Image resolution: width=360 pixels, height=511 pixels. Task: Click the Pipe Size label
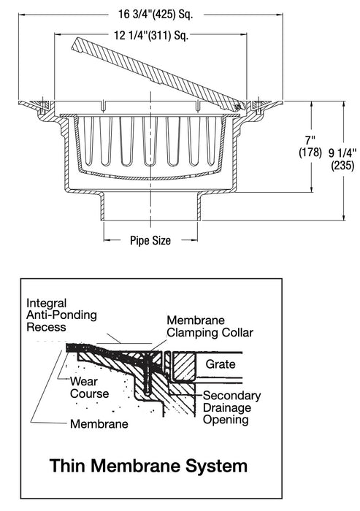point(150,239)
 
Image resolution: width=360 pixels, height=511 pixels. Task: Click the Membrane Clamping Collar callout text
point(210,326)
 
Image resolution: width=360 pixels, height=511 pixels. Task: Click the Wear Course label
point(90,387)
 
